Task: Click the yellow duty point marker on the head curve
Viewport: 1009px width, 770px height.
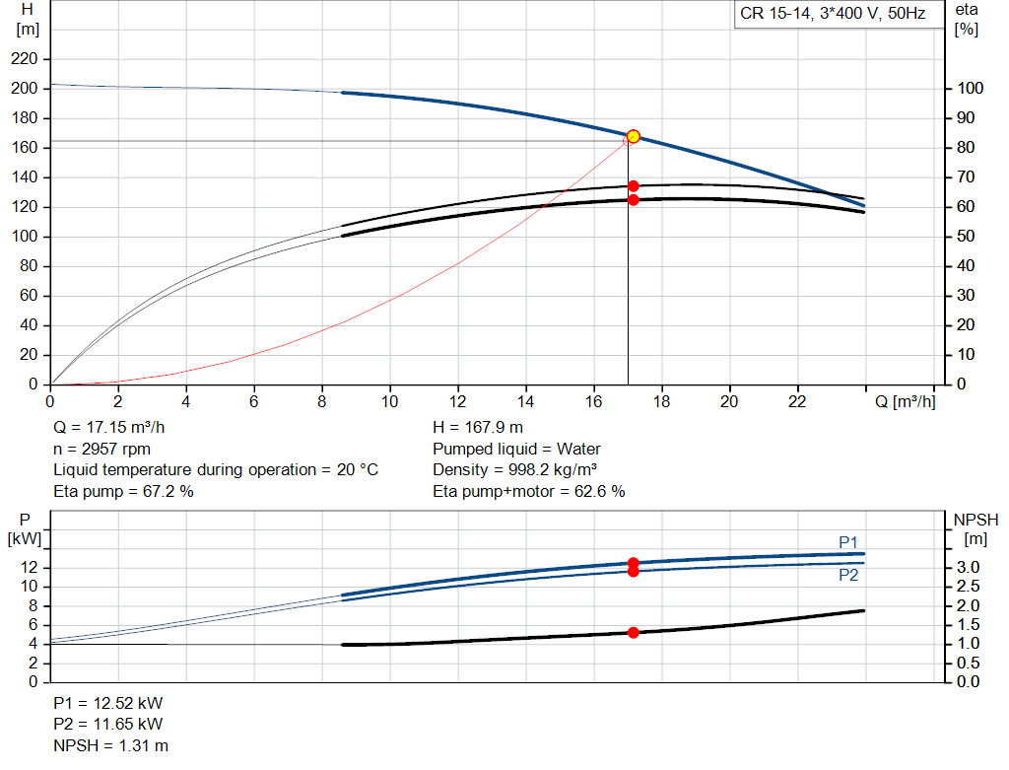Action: (634, 136)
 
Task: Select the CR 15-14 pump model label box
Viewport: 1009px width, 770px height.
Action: (833, 16)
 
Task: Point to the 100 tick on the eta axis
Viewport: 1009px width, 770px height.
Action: (971, 89)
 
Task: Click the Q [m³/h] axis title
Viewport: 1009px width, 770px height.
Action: (904, 401)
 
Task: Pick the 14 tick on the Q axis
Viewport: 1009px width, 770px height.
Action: (525, 401)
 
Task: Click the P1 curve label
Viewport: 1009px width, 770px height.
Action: (848, 541)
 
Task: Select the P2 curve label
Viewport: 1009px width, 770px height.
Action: (848, 575)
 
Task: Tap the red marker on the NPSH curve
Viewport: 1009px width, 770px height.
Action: (634, 632)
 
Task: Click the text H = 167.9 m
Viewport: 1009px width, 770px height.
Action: (478, 428)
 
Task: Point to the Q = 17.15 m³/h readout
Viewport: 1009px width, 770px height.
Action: (109, 428)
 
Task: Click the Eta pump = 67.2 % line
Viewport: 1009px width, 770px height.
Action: (123, 490)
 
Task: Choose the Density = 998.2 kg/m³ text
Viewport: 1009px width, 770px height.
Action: (515, 469)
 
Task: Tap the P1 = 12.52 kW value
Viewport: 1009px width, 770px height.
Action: (108, 704)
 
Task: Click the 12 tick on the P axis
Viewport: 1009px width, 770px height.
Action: (29, 568)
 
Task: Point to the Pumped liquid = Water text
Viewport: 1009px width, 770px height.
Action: (516, 449)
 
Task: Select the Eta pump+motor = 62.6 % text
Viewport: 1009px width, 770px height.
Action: (529, 490)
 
